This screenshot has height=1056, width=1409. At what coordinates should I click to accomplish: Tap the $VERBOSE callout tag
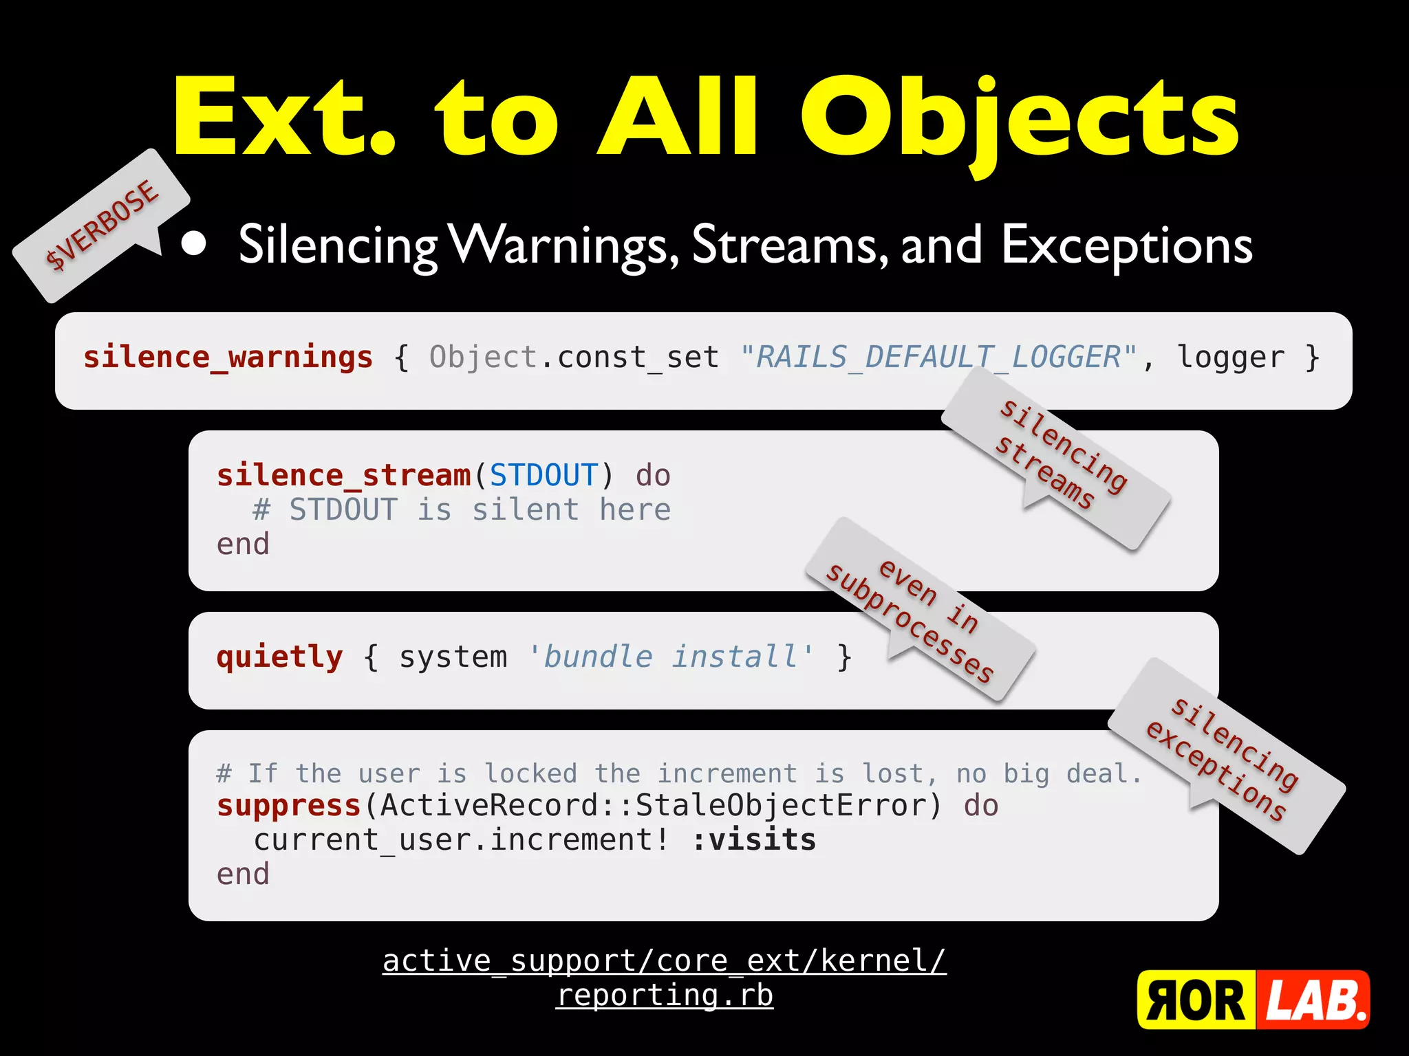pos(102,225)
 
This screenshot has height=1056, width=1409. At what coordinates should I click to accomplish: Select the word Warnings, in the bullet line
pos(564,246)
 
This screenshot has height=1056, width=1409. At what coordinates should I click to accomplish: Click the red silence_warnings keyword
pos(228,357)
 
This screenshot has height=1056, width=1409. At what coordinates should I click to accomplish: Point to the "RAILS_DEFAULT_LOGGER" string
pos(938,357)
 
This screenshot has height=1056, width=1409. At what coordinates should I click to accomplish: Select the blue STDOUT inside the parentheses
pos(544,476)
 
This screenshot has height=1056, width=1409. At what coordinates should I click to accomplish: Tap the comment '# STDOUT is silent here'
pos(461,510)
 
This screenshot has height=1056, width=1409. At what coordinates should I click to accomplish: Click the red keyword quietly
pos(279,657)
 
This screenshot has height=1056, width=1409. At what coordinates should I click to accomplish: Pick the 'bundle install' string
pos(671,657)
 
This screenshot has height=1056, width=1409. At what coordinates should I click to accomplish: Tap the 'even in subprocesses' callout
pos(918,612)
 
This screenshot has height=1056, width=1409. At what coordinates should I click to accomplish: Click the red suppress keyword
pos(288,806)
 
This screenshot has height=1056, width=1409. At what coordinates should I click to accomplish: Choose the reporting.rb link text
pos(665,995)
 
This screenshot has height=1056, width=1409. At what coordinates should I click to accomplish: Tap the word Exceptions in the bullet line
pos(1126,246)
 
